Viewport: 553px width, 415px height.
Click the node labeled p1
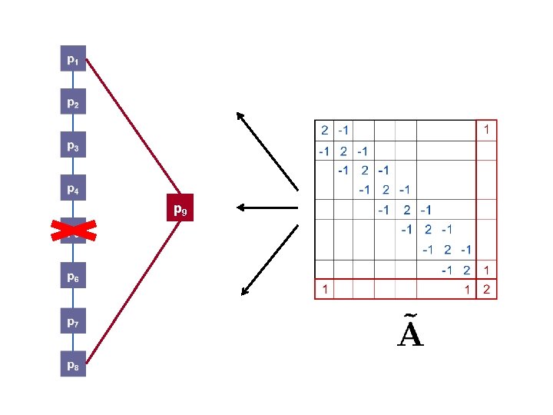pos(73,58)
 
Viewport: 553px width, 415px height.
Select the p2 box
pos(73,101)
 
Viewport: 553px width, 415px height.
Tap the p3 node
pos(73,145)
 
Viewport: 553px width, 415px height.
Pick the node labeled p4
pos(73,189)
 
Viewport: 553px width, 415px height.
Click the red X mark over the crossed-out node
pos(73,230)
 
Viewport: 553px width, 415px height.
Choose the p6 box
pos(73,278)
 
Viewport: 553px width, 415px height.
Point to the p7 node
pos(73,323)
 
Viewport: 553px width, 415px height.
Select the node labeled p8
pos(73,367)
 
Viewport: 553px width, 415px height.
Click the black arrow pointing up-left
pos(267,151)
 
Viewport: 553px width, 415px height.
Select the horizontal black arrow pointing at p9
pos(267,207)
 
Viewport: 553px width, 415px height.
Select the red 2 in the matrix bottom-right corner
pos(487,290)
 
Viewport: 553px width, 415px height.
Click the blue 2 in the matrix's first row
pos(325,130)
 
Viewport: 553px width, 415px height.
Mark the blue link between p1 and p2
pos(73,80)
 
